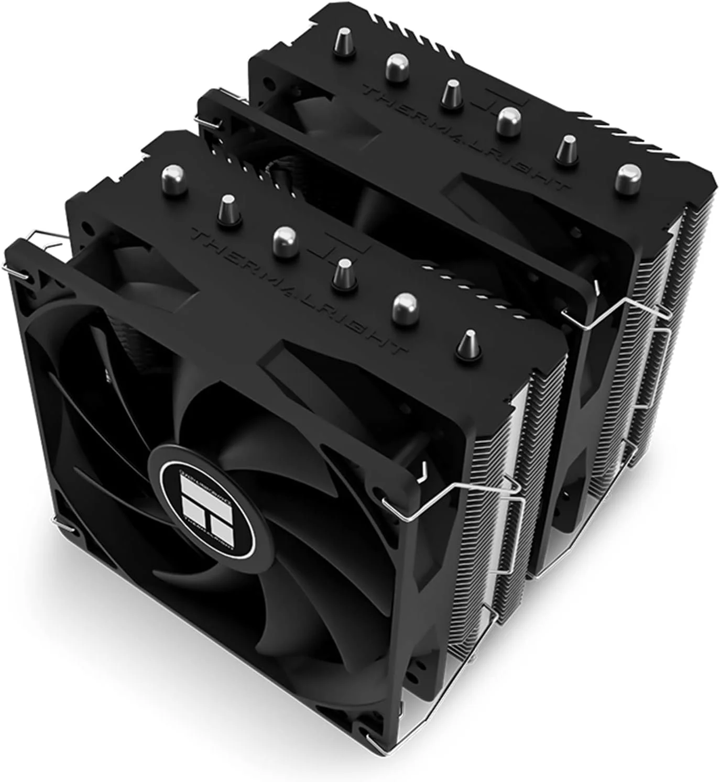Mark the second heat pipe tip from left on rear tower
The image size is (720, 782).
pyautogui.click(x=397, y=67)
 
